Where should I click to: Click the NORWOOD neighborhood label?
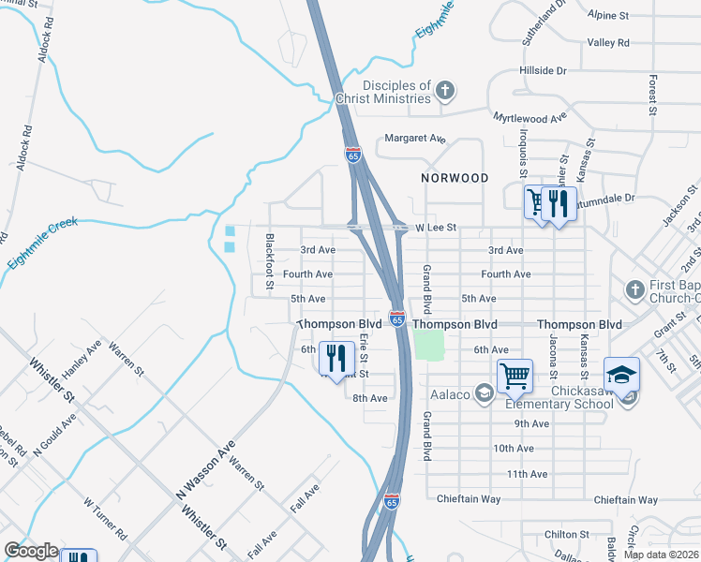click(x=455, y=178)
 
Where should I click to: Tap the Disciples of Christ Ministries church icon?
click(x=445, y=91)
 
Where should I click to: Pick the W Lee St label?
click(x=436, y=228)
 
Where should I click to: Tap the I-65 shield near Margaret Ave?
click(x=352, y=152)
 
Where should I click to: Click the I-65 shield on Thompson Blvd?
click(x=397, y=320)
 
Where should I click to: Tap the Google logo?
click(x=30, y=551)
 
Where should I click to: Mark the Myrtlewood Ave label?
click(x=530, y=118)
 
